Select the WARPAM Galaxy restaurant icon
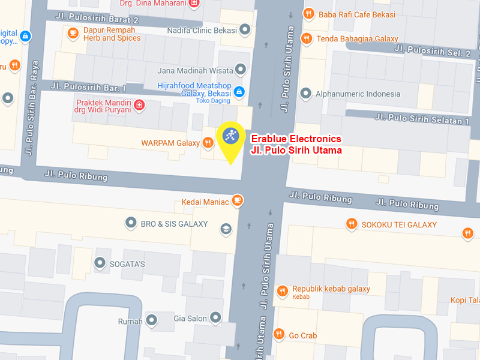click(x=208, y=142)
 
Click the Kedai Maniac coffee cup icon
click(x=238, y=200)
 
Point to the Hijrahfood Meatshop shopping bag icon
click(x=239, y=92)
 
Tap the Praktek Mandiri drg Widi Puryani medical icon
click(x=139, y=106)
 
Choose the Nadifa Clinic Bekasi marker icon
click(x=245, y=29)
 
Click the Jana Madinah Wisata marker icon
click(x=241, y=70)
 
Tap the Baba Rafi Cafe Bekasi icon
click(x=308, y=13)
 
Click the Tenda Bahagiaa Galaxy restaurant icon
click(x=306, y=38)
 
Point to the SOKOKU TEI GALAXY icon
click(x=352, y=224)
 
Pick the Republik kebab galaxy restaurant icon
click(x=282, y=292)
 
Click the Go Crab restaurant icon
click(x=278, y=334)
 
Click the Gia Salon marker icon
click(x=217, y=318)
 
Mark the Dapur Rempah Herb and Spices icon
click(x=72, y=33)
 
